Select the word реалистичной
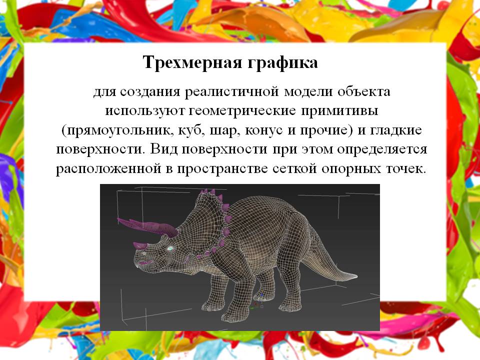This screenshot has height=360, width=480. (231, 92)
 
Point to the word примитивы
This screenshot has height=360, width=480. (339, 111)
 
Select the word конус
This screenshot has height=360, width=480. (264, 130)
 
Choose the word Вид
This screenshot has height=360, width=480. (164, 149)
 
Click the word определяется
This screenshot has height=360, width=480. (382, 149)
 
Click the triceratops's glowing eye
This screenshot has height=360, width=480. (170, 248)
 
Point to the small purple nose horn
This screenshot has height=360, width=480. (140, 245)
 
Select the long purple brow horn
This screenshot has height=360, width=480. (147, 227)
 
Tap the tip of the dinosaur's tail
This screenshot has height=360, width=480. (356, 276)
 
